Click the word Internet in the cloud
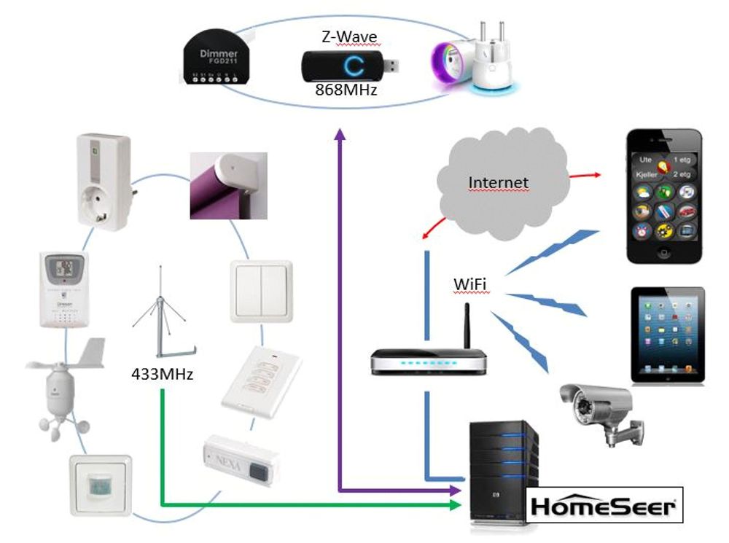click(x=498, y=181)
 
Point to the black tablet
click(x=666, y=335)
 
